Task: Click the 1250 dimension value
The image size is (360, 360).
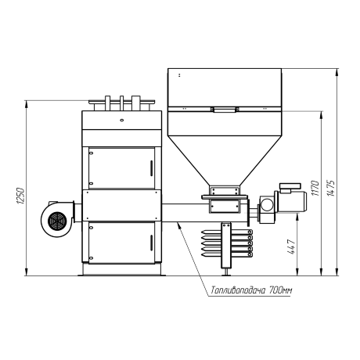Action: pyautogui.click(x=20, y=196)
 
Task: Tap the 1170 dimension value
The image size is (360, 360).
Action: pyautogui.click(x=315, y=188)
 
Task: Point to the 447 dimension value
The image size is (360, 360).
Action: pyautogui.click(x=291, y=247)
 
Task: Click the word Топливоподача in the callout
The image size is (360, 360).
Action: pyautogui.click(x=238, y=290)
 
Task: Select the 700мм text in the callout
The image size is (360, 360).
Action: pyautogui.click(x=280, y=290)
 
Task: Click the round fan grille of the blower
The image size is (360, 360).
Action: pyautogui.click(x=57, y=221)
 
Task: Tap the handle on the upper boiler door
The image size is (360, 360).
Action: pyautogui.click(x=151, y=168)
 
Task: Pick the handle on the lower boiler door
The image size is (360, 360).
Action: pyautogui.click(x=151, y=243)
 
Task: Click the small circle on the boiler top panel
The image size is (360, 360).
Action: pyautogui.click(x=121, y=120)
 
